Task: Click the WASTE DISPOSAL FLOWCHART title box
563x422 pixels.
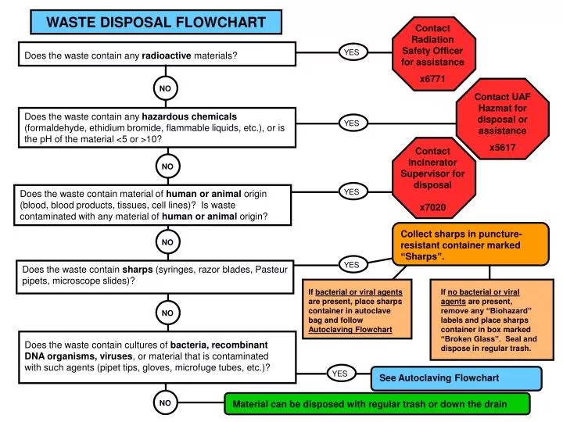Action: [156, 22]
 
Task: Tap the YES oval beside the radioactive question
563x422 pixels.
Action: [352, 52]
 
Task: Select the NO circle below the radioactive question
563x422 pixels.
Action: [165, 89]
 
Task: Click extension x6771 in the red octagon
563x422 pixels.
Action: [432, 79]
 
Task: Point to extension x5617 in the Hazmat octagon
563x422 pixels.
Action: [503, 147]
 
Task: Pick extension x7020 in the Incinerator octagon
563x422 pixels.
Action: [432, 207]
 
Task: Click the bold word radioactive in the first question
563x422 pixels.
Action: [167, 55]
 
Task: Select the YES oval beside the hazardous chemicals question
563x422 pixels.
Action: [352, 123]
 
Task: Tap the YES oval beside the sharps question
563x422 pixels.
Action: [352, 265]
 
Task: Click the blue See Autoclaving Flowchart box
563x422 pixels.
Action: [456, 378]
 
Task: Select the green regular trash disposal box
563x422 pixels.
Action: [378, 404]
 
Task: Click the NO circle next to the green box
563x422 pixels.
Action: [165, 403]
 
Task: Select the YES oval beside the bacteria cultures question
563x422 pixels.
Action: [339, 374]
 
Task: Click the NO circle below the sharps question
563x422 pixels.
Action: [167, 313]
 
